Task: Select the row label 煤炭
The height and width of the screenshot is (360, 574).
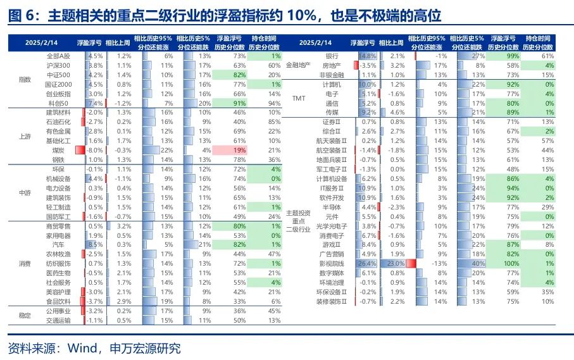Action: point(58,150)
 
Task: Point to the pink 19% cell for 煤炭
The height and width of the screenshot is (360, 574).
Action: point(232,150)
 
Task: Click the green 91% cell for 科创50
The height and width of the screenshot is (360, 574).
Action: point(232,102)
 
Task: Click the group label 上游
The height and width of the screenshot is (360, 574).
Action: point(25,135)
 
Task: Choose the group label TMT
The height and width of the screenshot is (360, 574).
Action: point(299,98)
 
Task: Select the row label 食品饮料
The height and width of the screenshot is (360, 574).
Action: point(58,301)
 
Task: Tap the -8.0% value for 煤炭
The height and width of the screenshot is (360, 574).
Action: point(95,150)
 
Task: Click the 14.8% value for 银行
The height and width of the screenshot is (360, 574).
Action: point(368,56)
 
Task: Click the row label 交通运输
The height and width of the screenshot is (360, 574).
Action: point(58,320)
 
